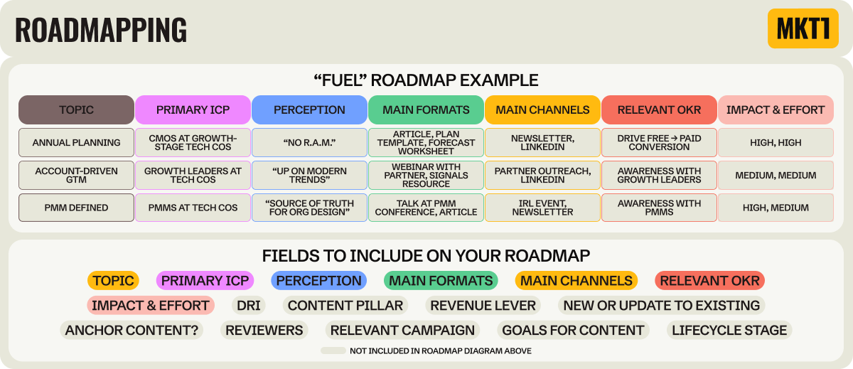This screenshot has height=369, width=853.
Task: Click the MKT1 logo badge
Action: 803,28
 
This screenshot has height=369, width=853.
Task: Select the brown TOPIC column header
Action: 76,109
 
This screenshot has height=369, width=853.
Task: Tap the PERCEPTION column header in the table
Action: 309,109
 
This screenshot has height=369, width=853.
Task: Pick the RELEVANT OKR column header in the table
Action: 659,109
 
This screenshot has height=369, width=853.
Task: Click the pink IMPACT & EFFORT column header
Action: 776,109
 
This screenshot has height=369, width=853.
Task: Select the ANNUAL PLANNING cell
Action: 76,142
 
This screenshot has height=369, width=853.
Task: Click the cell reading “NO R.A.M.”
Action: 309,142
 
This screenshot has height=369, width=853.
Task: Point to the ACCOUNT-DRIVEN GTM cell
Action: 76,175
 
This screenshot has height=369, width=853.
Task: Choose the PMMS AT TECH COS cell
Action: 193,208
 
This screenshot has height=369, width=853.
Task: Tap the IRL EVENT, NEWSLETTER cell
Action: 542,208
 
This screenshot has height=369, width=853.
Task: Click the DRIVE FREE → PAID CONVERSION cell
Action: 659,142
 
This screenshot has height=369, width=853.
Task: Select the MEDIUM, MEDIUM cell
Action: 776,175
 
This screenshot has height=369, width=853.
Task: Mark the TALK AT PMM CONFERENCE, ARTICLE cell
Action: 426,208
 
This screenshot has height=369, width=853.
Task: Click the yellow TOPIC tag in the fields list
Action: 113,281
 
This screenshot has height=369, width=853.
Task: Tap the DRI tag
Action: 249,306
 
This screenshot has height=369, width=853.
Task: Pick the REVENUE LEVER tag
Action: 483,306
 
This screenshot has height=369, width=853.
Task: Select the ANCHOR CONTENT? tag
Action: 132,330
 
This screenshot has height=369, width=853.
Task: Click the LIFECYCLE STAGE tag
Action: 729,330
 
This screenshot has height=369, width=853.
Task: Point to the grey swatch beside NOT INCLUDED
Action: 333,351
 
